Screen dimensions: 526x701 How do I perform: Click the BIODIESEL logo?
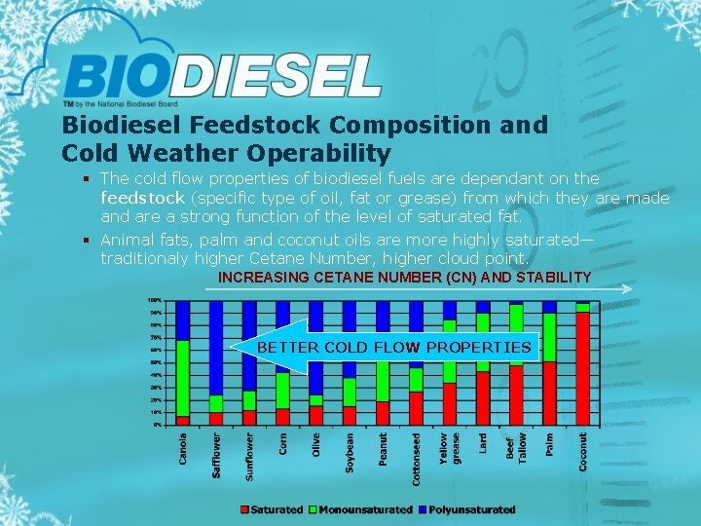223,75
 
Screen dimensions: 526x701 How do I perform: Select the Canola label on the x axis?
183,449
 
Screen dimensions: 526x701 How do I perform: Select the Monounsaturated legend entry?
360,509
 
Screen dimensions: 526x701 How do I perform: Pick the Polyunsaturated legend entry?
469,509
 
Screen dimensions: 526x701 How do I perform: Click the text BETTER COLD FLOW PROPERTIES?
393,347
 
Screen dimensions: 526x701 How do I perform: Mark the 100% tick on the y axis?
155,300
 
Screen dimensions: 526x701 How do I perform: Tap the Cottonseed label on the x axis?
416,459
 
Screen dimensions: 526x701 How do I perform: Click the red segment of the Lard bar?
483,398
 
